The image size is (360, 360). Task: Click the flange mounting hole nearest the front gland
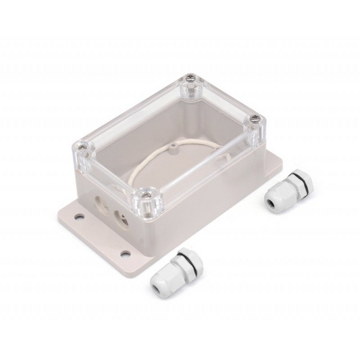coord(125,253)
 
